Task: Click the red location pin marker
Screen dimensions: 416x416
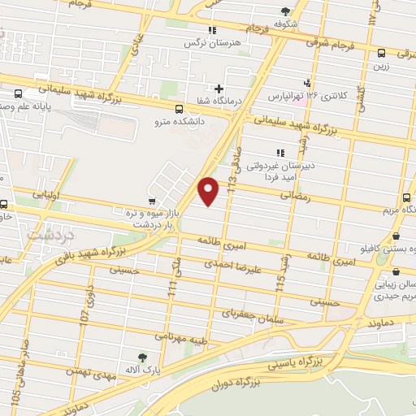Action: pos(209,189)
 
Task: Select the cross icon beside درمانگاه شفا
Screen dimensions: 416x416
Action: pos(218,89)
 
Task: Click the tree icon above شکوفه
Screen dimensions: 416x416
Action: pos(284,11)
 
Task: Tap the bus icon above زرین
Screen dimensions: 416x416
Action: pos(381,53)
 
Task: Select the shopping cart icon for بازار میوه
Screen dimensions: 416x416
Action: pos(152,201)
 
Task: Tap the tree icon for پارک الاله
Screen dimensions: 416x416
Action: pos(143,356)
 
